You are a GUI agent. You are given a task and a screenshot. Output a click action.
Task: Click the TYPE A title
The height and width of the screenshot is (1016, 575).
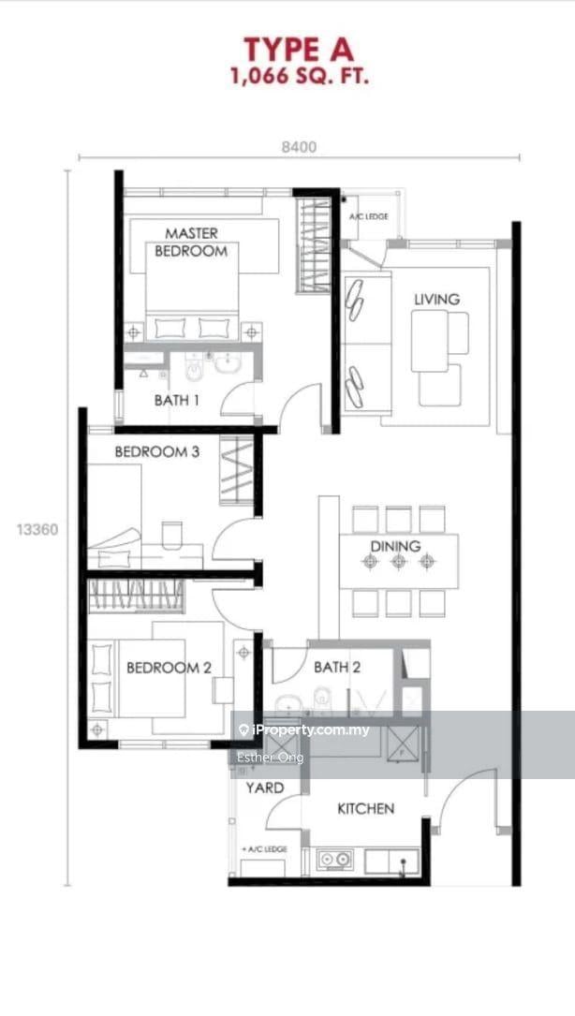pos(299,50)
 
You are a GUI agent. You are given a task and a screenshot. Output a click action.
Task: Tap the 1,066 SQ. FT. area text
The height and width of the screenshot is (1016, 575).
pos(300,77)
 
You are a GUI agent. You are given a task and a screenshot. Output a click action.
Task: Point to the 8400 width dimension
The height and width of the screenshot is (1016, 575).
pos(299,147)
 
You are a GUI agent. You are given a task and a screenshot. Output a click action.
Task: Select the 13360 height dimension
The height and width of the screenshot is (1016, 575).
pos(37,530)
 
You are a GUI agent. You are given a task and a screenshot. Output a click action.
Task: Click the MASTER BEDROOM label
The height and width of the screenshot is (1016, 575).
pos(191,242)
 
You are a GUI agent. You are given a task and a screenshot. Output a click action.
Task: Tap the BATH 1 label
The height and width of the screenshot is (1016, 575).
pos(176,401)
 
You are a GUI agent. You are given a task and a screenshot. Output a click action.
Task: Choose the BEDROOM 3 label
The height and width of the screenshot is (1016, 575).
pos(157,451)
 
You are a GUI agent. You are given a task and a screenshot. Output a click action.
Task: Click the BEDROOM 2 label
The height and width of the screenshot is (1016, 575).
pos(169,668)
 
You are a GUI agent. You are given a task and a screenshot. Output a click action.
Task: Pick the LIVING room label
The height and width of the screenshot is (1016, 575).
pos(437,300)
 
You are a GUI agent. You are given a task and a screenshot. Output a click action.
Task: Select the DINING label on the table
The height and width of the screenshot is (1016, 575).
pos(395,546)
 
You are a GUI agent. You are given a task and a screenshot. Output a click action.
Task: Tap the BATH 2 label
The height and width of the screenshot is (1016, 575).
pos(337,667)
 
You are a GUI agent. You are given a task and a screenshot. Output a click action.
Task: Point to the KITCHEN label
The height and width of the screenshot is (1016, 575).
pos(365,809)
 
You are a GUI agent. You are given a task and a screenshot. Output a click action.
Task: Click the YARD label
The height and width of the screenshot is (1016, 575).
pos(264,788)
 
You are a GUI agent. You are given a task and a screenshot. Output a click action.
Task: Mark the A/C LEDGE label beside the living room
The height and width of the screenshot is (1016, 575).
pos(369,216)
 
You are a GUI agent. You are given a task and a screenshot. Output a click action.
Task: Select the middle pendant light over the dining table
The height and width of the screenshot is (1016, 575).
pos(398,562)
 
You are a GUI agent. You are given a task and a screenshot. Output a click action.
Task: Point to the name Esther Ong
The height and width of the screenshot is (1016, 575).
pos(271,757)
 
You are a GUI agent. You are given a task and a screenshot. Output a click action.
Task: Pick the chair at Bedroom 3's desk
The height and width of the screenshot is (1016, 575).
pos(172,535)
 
